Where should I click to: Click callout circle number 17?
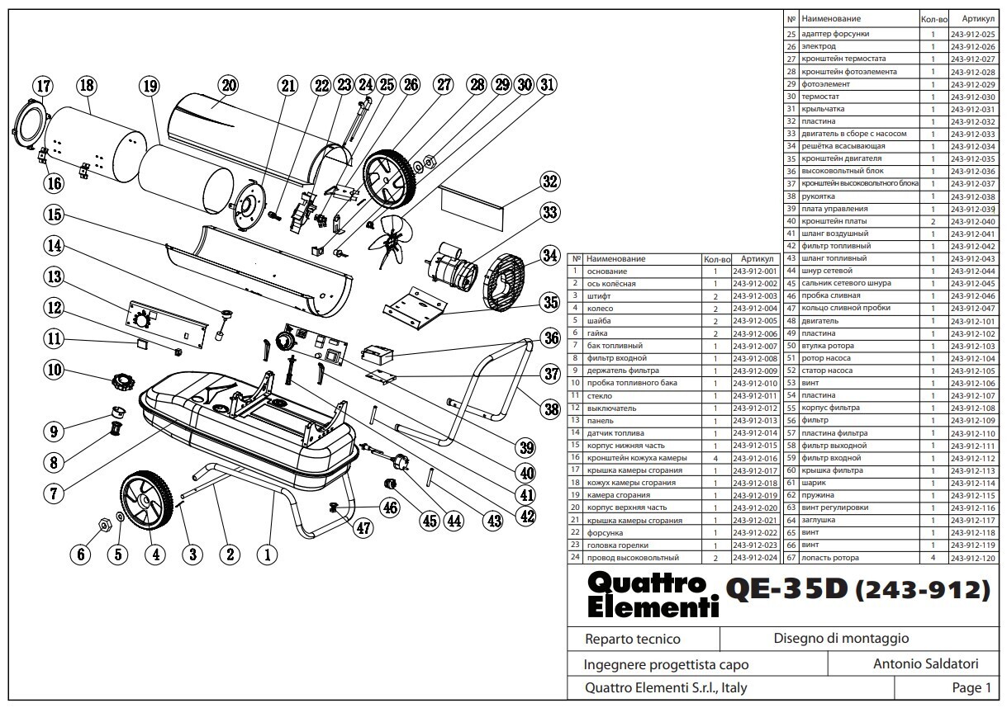click(43, 86)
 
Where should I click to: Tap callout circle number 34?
click(550, 256)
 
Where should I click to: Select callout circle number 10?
click(54, 370)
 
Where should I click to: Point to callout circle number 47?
click(363, 528)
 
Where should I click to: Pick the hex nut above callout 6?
click(104, 524)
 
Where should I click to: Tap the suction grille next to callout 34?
click(504, 282)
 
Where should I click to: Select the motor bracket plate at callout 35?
click(415, 309)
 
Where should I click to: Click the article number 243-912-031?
click(973, 109)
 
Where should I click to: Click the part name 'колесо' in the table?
click(600, 309)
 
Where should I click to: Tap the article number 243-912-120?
click(973, 558)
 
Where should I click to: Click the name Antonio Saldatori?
click(926, 663)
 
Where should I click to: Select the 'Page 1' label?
click(971, 687)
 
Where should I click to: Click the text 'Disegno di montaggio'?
click(841, 638)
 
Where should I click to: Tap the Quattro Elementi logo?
click(653, 594)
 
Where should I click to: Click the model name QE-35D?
click(786, 588)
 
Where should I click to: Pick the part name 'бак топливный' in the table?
click(615, 346)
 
